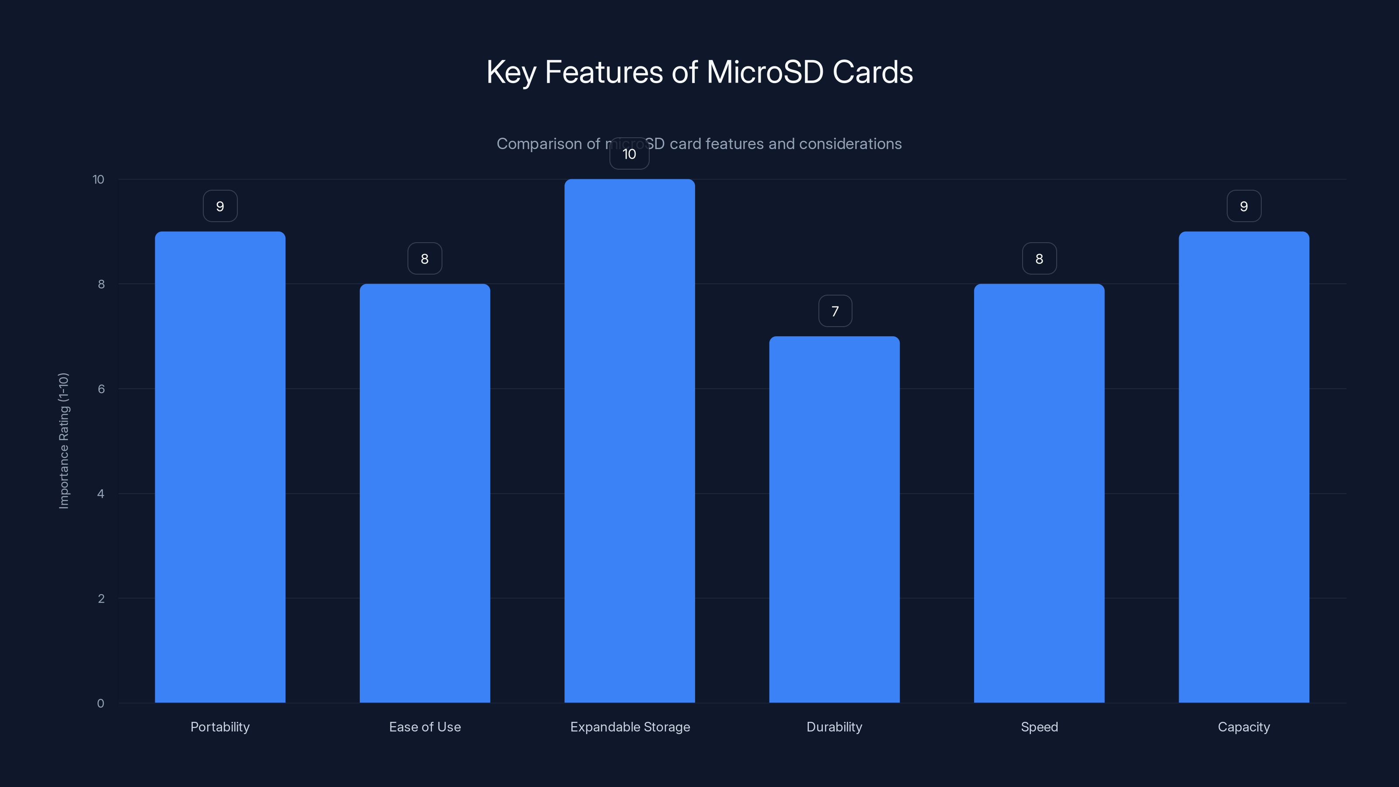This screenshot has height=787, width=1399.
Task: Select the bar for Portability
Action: (x=220, y=467)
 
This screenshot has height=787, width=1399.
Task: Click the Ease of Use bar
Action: (x=425, y=493)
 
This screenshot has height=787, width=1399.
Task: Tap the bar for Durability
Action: (x=834, y=519)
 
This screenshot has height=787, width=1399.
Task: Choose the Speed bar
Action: (x=1039, y=493)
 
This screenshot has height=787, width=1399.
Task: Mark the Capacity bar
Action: (x=1244, y=467)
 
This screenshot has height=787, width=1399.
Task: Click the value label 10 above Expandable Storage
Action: (x=629, y=154)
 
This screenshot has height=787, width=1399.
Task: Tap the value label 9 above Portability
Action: (x=220, y=206)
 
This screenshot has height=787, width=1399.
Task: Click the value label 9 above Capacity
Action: (x=1244, y=206)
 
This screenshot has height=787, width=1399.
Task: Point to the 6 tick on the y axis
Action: (x=101, y=389)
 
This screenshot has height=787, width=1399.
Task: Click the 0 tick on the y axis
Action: (x=101, y=703)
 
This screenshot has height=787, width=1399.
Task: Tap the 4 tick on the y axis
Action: (x=101, y=494)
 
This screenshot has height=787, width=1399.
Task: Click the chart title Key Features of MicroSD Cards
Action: (x=699, y=72)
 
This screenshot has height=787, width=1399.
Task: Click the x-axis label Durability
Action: (x=834, y=727)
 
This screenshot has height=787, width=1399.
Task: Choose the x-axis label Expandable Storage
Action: (x=630, y=727)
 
